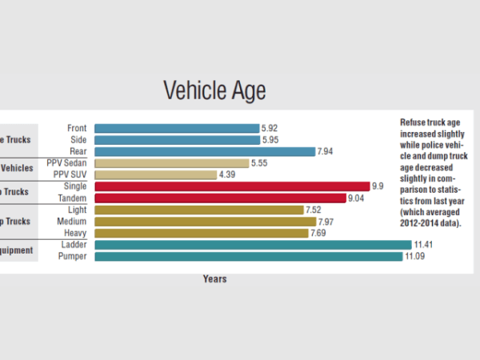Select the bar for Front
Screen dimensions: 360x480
tap(177, 128)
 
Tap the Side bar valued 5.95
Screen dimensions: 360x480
tap(177, 139)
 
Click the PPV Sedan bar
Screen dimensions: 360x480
tap(171, 163)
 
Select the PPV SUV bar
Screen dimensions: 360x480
tap(155, 174)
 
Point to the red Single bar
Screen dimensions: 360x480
tap(232, 186)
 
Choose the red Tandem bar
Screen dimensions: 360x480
tap(220, 198)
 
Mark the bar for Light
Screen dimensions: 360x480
tap(199, 210)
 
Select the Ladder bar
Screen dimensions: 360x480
tap(253, 245)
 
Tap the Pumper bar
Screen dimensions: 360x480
tap(248, 256)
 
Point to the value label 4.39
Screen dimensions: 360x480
tap(228, 174)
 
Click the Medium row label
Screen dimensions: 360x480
tap(73, 222)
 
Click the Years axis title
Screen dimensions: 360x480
tap(214, 279)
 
